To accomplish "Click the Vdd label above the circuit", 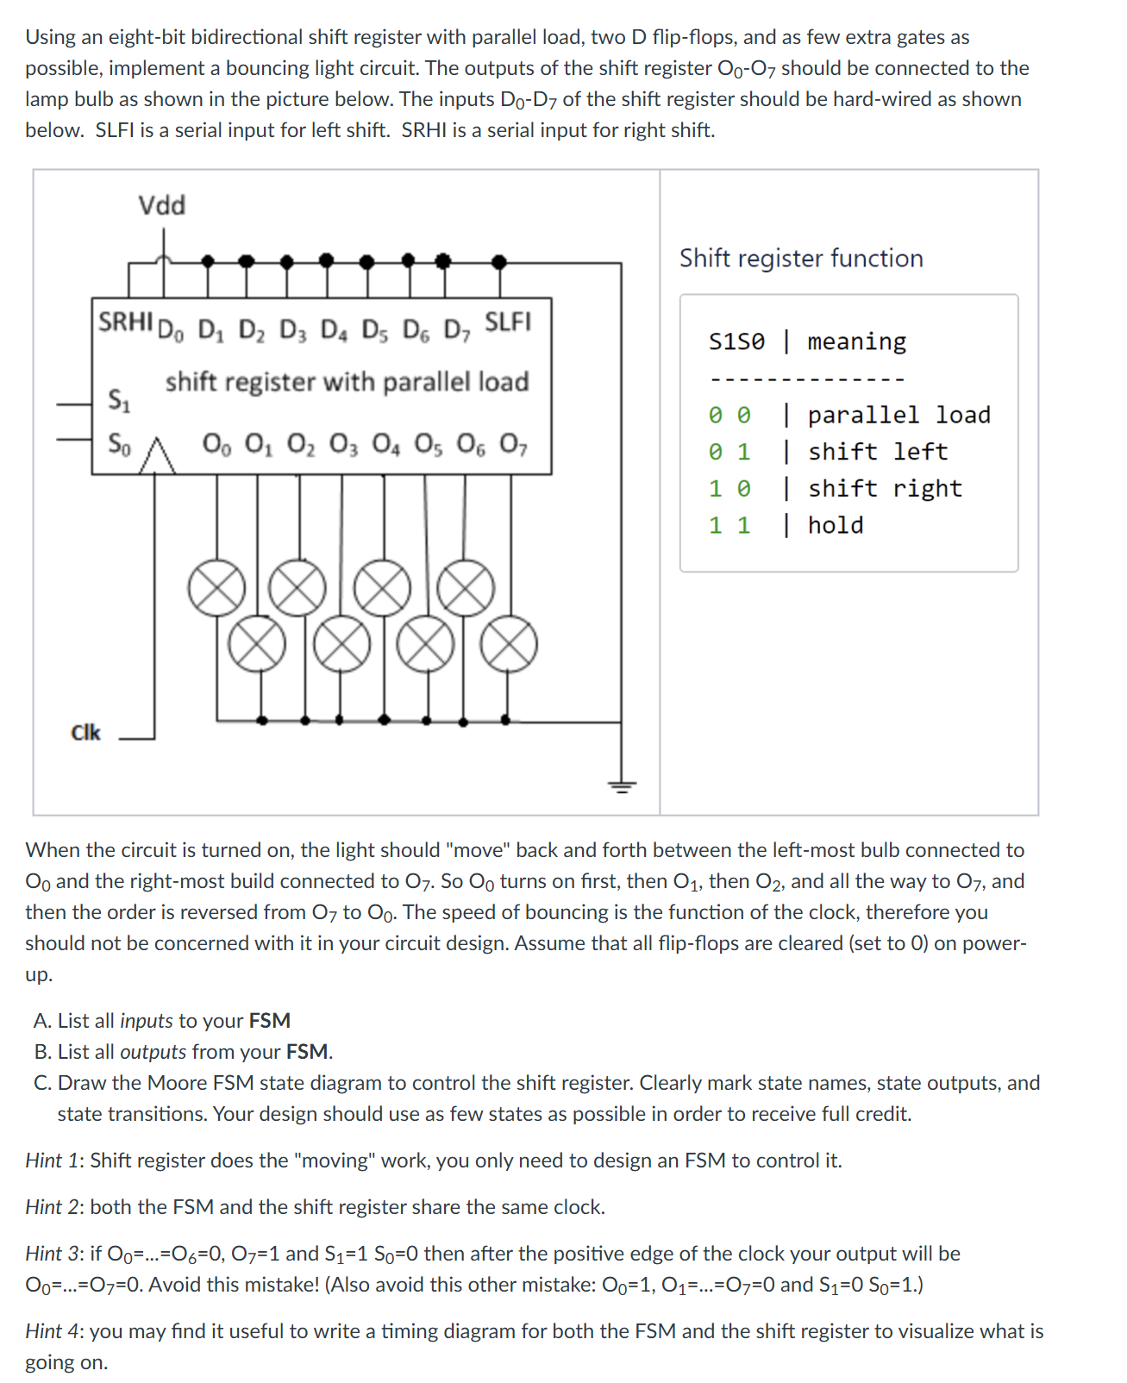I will [162, 205].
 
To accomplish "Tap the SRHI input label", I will [125, 322].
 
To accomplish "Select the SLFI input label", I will [507, 322].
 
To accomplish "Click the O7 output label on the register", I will [514, 444].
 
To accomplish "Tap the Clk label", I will [85, 732].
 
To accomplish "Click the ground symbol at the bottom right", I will [621, 785].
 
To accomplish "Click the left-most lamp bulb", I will [216, 588].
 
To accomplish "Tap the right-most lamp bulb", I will [509, 645].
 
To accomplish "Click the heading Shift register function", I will [800, 258].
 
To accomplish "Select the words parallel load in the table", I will [898, 415].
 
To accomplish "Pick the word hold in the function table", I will [835, 525].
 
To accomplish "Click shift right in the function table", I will [884, 488].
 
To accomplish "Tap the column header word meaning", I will [856, 341].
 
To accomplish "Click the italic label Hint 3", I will [54, 1254].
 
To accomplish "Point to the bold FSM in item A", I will [269, 1021].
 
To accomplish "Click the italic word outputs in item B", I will [153, 1052].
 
